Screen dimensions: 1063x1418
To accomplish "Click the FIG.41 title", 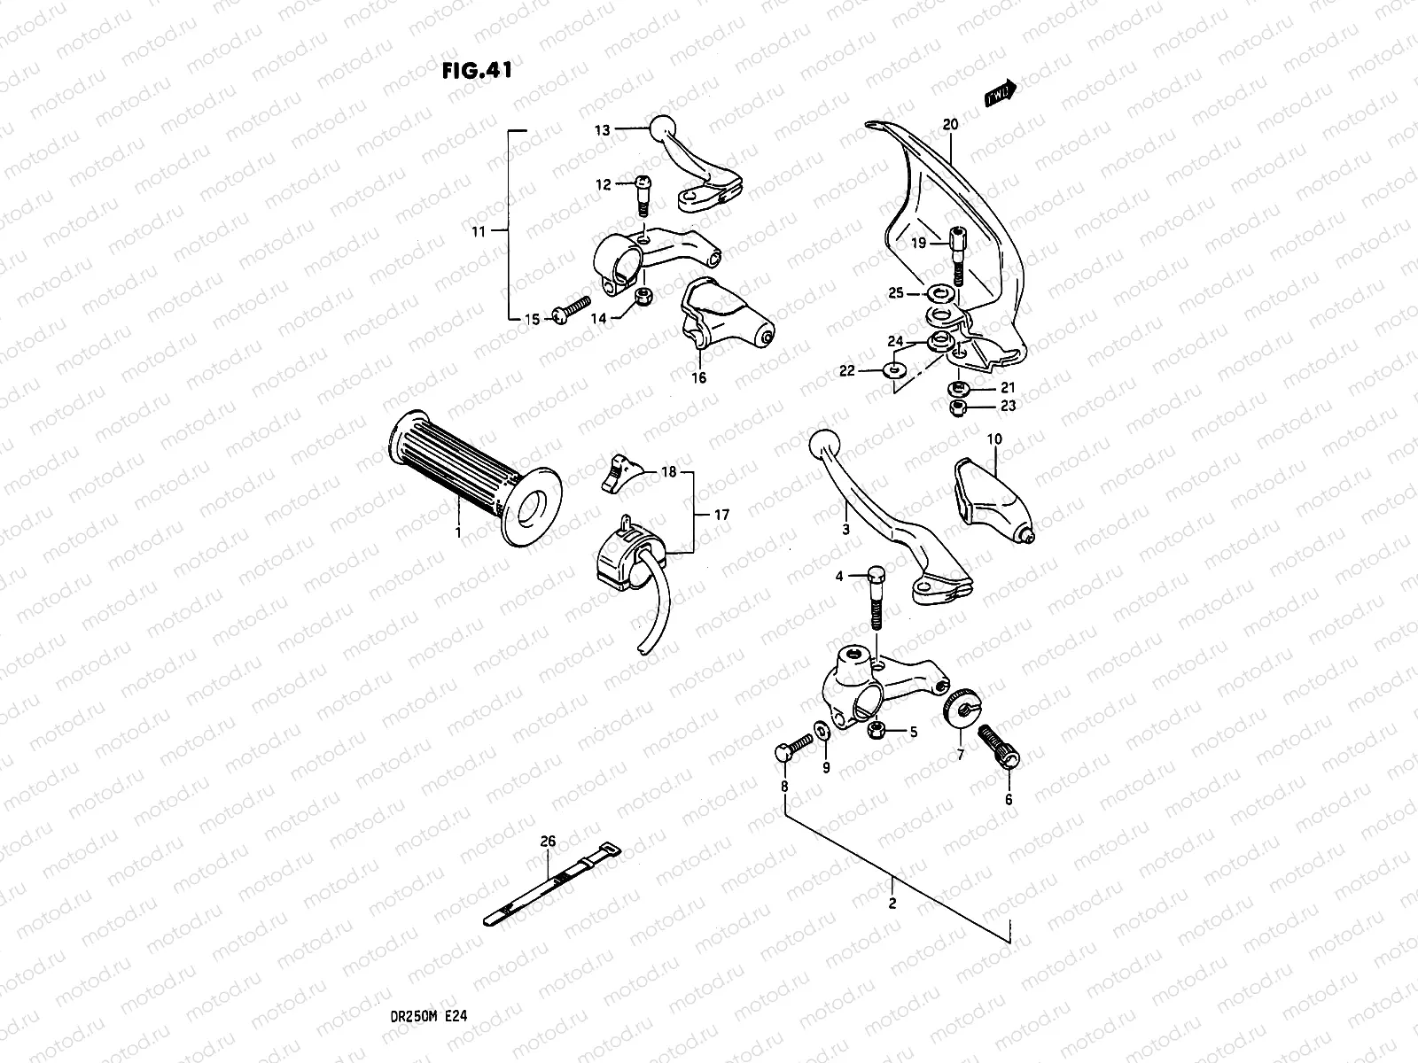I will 476,71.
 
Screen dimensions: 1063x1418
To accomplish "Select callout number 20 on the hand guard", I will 950,125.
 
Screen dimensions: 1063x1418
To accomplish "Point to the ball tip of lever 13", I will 663,128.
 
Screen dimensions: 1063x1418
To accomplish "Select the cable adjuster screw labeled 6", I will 1000,747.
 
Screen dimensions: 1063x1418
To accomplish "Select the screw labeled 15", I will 568,312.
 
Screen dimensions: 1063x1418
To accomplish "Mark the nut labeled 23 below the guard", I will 957,408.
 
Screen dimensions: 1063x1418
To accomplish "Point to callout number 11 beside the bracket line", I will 479,232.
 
